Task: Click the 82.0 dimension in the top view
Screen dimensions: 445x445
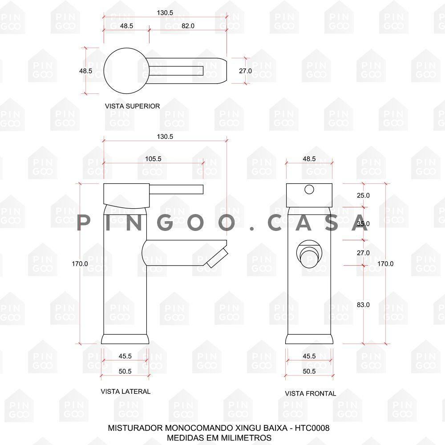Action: (188, 26)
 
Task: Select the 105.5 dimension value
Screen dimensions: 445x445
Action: (153, 159)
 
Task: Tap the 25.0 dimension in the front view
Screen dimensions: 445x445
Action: (363, 195)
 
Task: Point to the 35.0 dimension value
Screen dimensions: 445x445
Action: (363, 224)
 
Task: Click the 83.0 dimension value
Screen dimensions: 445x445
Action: (363, 305)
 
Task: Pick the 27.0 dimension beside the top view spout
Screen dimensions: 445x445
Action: (245, 71)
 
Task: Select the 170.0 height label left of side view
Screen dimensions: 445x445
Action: (80, 263)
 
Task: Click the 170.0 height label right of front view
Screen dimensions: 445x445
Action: (385, 263)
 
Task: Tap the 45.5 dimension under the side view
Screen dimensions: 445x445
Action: (125, 356)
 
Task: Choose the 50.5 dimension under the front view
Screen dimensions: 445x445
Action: (309, 371)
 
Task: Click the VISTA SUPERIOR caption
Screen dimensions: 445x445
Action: (132, 106)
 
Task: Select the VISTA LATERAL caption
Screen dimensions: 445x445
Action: (125, 392)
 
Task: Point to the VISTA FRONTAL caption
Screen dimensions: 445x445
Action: (311, 394)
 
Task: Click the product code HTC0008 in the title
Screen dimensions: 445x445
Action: (312, 428)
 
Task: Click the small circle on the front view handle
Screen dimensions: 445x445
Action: (309, 189)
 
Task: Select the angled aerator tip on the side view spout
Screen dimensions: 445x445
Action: (217, 258)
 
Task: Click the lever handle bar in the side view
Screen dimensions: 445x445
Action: (176, 190)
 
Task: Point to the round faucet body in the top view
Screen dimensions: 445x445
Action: (126, 71)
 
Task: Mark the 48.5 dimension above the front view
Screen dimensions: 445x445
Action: (309, 159)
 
